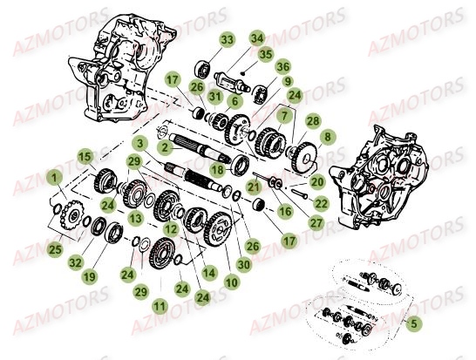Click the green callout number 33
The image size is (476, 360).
coord(202,41)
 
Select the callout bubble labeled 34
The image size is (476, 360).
coord(256,37)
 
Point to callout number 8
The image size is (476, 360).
coord(327,137)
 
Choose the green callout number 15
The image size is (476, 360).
coord(85,157)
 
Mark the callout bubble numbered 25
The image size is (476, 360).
coord(56,250)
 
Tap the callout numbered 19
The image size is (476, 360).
coord(88,276)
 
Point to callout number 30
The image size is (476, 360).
coord(243,263)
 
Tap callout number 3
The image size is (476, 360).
coord(139,143)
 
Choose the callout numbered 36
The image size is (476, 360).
coord(282,66)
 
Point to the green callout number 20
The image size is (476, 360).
coord(317,181)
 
